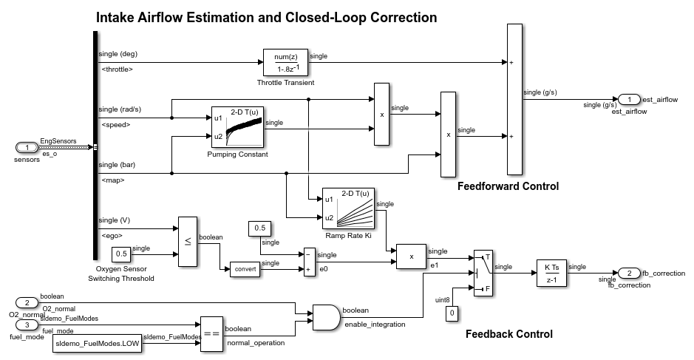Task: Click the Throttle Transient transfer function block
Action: [x=285, y=62]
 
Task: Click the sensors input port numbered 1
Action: [x=27, y=148]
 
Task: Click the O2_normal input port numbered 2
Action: [x=27, y=302]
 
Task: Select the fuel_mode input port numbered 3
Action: [x=27, y=325]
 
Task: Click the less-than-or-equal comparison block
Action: [x=187, y=242]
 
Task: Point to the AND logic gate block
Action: [x=326, y=317]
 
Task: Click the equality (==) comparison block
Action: [x=211, y=334]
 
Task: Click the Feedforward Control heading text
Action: [x=508, y=186]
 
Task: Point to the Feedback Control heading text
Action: [x=508, y=334]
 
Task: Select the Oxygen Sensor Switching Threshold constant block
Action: [x=122, y=254]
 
